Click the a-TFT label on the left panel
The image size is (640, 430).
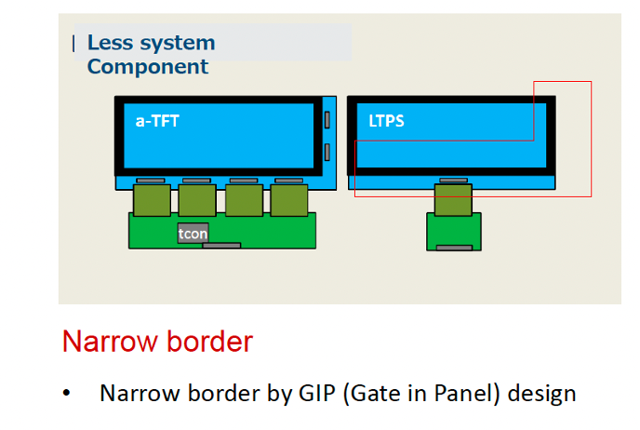coord(154,121)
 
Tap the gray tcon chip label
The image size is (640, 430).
coord(193,234)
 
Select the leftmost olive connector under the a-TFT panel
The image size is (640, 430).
coord(151,199)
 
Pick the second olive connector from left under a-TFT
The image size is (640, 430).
coord(197,199)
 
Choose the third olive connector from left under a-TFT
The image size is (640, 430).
coord(244,199)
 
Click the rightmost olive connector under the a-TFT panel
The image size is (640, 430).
coord(289,199)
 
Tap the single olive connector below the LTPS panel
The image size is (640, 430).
coord(453,198)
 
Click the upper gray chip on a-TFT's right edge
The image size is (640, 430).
coord(327,120)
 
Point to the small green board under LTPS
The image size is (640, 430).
coord(454,232)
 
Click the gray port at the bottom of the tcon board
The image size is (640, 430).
coord(221,246)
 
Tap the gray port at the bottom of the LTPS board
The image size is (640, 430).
coord(454,248)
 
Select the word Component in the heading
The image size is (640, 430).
coord(148,67)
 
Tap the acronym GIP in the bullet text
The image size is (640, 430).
coord(319,393)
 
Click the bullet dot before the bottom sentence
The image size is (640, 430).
coord(67,394)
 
